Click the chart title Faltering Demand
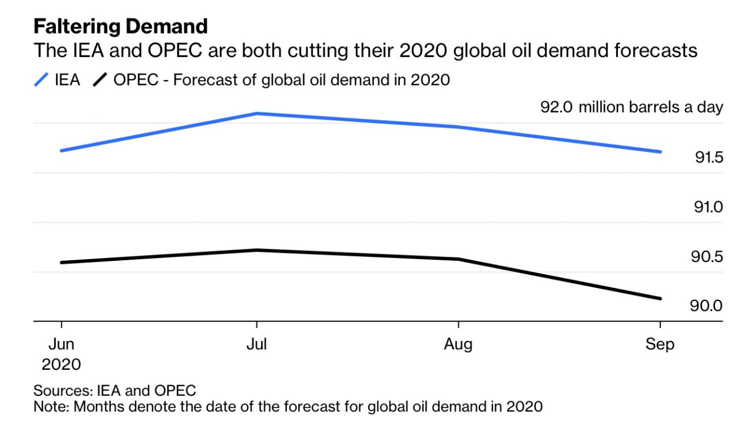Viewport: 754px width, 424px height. pos(120,26)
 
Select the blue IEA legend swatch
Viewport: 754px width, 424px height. pos(41,79)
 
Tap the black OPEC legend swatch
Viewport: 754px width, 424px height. pos(101,79)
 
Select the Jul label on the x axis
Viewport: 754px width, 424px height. pos(256,344)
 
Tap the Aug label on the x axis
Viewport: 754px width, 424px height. pos(458,344)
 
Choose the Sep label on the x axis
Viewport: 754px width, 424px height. pos(660,344)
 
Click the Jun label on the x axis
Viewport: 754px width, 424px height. pos(61,344)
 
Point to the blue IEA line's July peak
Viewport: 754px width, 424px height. pos(257,113)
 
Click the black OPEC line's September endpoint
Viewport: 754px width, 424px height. pos(660,299)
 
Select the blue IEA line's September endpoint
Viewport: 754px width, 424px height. pos(660,152)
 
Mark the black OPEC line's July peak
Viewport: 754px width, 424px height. pos(257,250)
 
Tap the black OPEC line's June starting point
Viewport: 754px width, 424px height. pos(62,262)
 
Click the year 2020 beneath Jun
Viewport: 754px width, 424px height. pos(61,365)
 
